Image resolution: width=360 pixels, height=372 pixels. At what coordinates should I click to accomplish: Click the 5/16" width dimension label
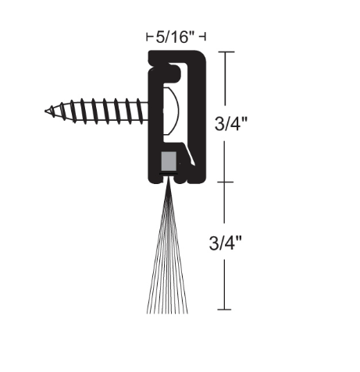pyautogui.click(x=176, y=35)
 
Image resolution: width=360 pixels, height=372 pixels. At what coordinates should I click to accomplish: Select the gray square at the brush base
pyautogui.click(x=166, y=163)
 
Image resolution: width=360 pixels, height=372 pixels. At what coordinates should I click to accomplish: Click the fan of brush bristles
pyautogui.click(x=166, y=257)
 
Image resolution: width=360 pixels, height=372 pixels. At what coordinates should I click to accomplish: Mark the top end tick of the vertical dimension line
pyautogui.click(x=225, y=52)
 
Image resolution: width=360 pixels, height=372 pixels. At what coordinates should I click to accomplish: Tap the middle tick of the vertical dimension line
pyautogui.click(x=225, y=182)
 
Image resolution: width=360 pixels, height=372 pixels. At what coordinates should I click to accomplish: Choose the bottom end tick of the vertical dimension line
pyautogui.click(x=225, y=310)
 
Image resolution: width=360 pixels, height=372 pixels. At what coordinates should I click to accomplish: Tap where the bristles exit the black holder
pyautogui.click(x=166, y=185)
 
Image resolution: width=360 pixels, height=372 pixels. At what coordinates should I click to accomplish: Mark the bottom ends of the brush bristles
pyautogui.click(x=166, y=311)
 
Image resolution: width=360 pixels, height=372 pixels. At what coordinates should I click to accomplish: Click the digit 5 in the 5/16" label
pyautogui.click(x=160, y=35)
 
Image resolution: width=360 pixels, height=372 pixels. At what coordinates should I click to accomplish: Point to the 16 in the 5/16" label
pyautogui.click(x=184, y=35)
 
